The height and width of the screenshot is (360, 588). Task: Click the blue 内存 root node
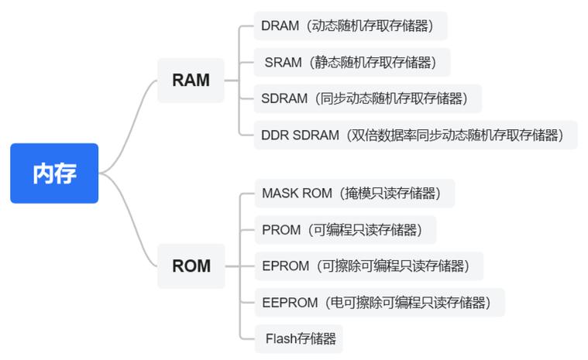point(54,173)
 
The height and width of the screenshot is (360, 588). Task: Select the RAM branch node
point(191,81)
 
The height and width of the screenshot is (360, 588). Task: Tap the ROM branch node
point(191,266)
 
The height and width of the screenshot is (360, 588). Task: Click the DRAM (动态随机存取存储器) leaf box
point(351,26)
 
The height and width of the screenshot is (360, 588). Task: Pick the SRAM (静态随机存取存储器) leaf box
point(352,63)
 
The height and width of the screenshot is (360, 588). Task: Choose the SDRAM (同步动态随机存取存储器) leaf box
point(367,98)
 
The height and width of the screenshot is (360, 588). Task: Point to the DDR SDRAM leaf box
point(415,135)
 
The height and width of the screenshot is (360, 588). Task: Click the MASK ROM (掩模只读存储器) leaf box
point(354,193)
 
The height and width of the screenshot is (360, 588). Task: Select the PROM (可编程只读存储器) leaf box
point(345,230)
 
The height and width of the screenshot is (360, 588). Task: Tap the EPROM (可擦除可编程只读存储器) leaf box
point(368,266)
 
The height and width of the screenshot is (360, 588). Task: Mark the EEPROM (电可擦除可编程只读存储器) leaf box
point(379,303)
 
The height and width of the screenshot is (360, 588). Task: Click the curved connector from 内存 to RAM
point(132,116)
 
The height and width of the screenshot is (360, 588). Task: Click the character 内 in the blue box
point(43,173)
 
